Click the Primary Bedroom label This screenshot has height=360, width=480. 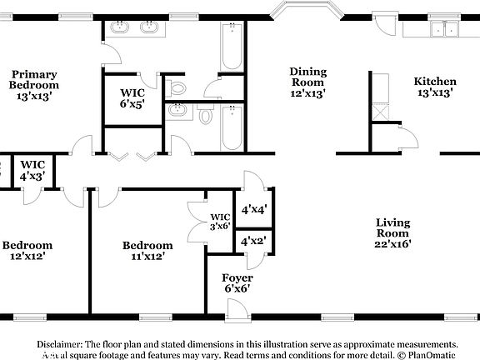click(34, 84)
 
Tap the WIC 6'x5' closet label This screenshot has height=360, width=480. click(132, 98)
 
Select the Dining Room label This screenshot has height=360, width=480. click(307, 82)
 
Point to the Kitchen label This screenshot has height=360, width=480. click(435, 87)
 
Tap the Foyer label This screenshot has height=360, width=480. click(237, 282)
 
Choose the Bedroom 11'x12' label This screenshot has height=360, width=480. click(147, 251)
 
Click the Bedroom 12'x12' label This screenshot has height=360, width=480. click(27, 251)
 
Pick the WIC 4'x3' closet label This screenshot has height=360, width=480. click(32, 171)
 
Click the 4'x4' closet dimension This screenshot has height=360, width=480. click(252, 210)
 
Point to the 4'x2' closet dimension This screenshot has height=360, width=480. click(252, 241)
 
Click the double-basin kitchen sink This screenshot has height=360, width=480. click(442, 30)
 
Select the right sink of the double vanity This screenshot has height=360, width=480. click(150, 27)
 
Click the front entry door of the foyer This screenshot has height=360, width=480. click(237, 310)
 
